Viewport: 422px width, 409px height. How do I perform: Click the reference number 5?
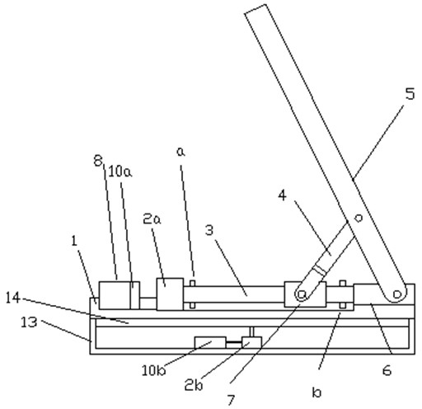pyautogui.click(x=410, y=94)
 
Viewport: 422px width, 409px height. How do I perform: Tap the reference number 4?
pyautogui.click(x=282, y=195)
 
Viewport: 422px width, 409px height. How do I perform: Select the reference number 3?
pyautogui.click(x=209, y=230)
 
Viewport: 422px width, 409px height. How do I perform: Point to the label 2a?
pyautogui.click(x=152, y=219)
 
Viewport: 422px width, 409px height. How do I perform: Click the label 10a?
pyautogui.click(x=120, y=172)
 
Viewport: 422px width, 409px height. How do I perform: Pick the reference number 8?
pyautogui.click(x=98, y=161)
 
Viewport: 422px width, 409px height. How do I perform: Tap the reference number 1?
pyautogui.click(x=73, y=241)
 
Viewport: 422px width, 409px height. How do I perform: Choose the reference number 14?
pyautogui.click(x=13, y=298)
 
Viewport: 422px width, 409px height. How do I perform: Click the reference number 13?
pyautogui.click(x=29, y=322)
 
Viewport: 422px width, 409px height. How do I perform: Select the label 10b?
pyautogui.click(x=154, y=371)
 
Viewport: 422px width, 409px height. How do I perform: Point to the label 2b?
pyautogui.click(x=194, y=385)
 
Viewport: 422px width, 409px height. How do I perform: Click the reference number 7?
pyautogui.click(x=232, y=399)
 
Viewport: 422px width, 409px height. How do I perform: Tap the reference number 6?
pyautogui.click(x=387, y=370)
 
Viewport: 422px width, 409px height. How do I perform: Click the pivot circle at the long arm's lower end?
pyautogui.click(x=396, y=294)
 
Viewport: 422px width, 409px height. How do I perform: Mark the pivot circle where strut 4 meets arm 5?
pyautogui.click(x=359, y=218)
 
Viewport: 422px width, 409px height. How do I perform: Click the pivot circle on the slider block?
pyautogui.click(x=302, y=294)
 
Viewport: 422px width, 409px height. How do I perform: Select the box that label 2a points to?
pyautogui.click(x=170, y=294)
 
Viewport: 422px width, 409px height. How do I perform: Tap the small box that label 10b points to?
pyautogui.click(x=210, y=342)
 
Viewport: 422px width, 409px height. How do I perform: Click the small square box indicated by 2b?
pyautogui.click(x=251, y=342)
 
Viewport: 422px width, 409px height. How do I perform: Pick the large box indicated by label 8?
pyautogui.click(x=115, y=295)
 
